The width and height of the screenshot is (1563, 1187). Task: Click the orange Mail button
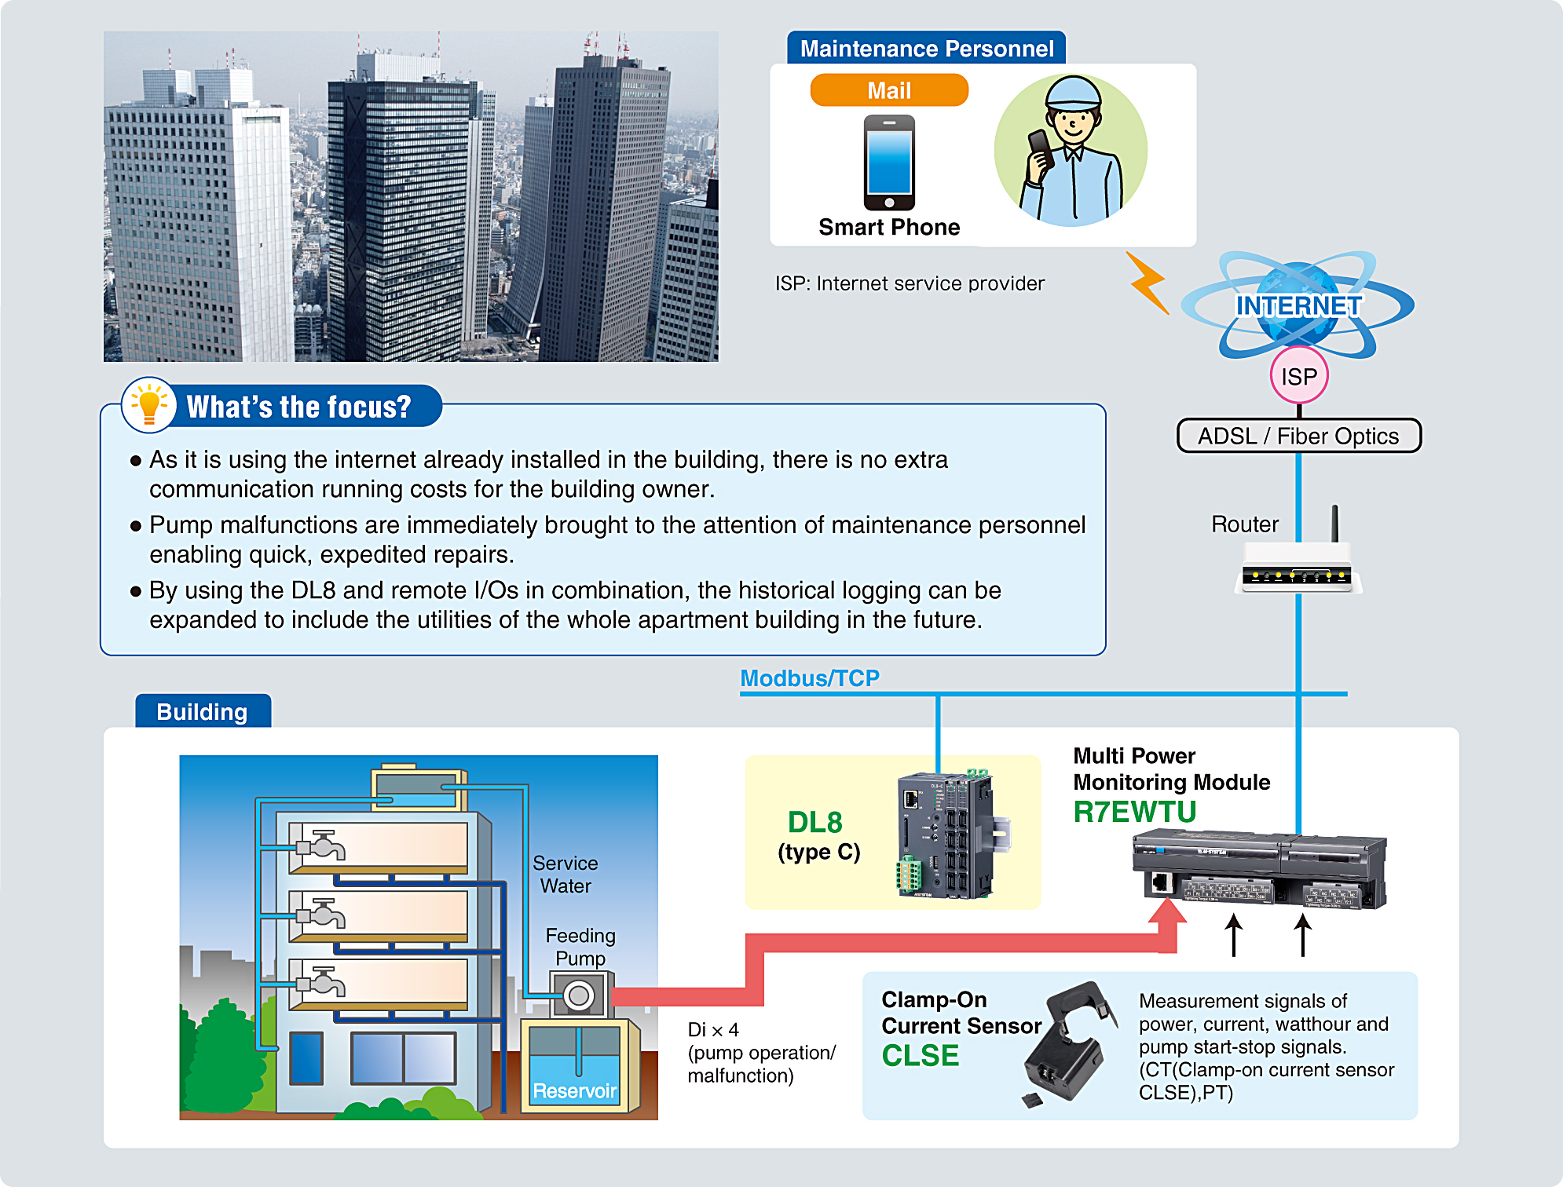(x=888, y=90)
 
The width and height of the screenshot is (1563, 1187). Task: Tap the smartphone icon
(x=889, y=163)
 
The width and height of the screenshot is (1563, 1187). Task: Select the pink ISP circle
(x=1298, y=376)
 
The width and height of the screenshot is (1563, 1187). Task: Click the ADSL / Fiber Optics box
(x=1298, y=436)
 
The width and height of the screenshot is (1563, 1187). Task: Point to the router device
(x=1298, y=575)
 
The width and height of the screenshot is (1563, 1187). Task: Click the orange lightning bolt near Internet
(x=1148, y=283)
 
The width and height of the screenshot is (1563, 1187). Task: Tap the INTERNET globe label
(x=1298, y=305)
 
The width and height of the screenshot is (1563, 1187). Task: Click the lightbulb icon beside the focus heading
(x=148, y=405)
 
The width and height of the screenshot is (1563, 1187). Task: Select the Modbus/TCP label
(x=809, y=678)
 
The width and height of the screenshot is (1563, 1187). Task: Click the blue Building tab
(x=203, y=711)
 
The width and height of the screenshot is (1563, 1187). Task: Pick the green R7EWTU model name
(x=1134, y=812)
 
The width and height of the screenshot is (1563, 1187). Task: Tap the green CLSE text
(x=920, y=1055)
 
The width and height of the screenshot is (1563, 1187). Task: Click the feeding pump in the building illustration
(x=580, y=995)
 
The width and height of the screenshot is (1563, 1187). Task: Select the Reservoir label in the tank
(x=574, y=1090)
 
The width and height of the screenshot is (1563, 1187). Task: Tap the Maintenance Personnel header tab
(x=926, y=49)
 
